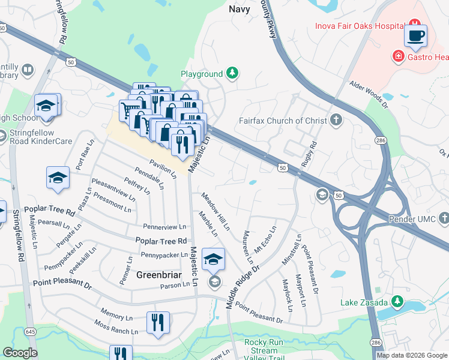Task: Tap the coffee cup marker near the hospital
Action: click(415, 37)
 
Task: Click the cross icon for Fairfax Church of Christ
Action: click(336, 120)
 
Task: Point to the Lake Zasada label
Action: click(364, 302)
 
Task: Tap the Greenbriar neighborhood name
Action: click(158, 275)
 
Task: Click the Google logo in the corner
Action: click(19, 353)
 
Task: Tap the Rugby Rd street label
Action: click(312, 154)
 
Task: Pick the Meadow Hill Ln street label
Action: click(215, 212)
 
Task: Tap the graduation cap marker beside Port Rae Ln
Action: click(58, 178)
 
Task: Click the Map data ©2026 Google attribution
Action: click(412, 355)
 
